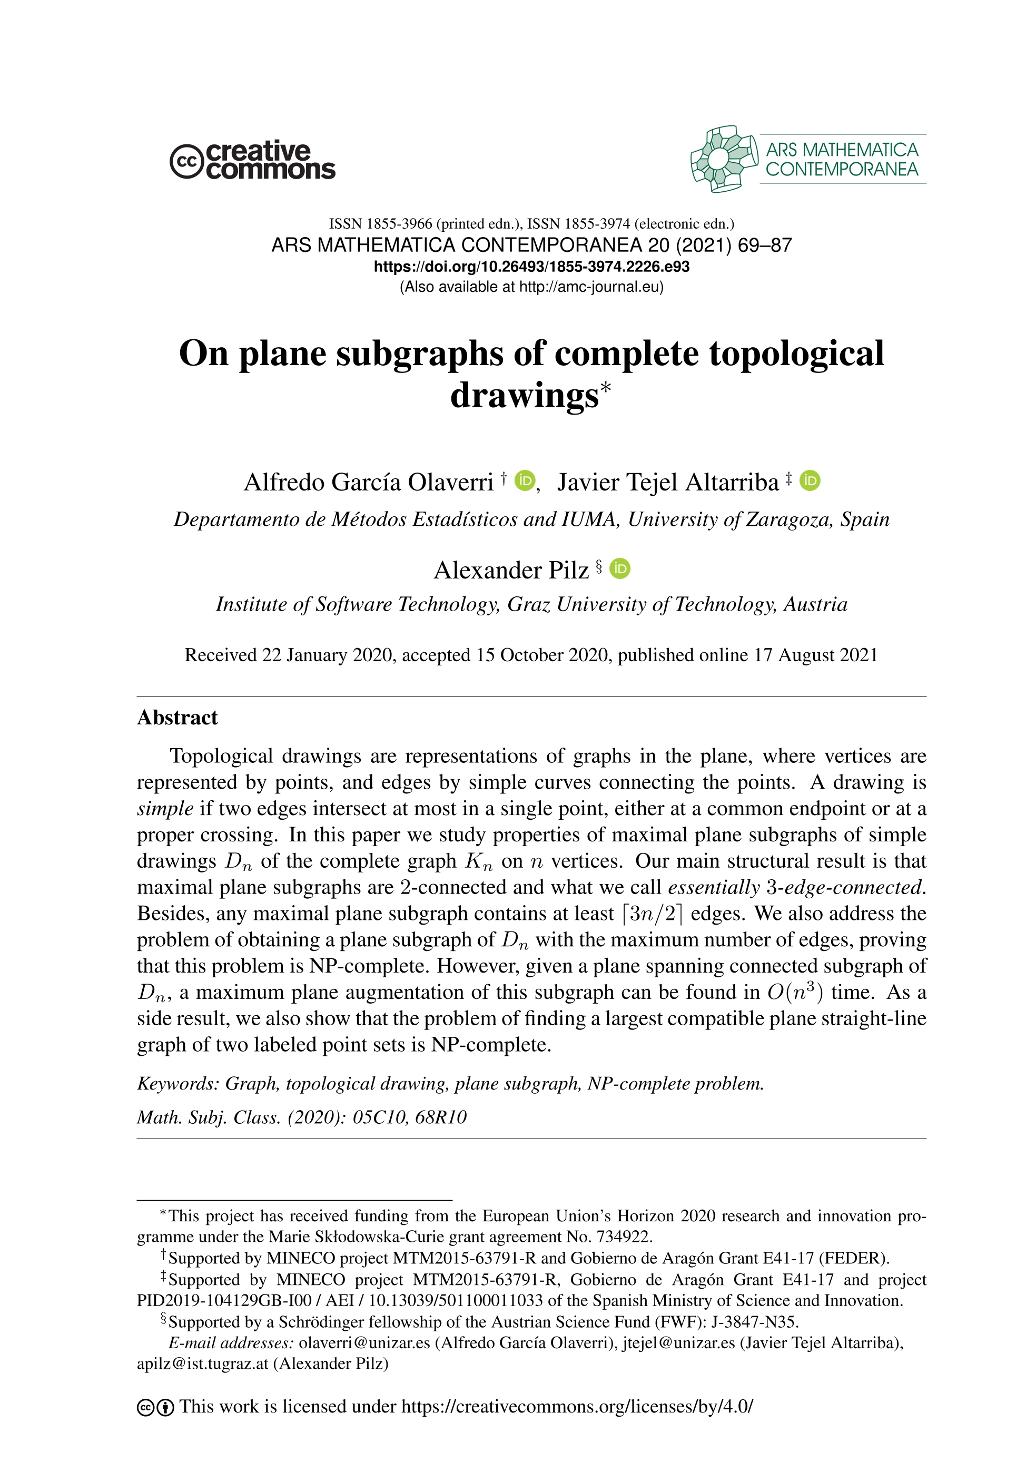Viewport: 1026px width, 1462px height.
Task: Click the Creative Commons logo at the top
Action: pos(252,160)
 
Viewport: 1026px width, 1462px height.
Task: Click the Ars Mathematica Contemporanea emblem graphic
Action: pos(724,159)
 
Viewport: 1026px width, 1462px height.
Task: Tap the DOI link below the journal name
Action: pos(531,266)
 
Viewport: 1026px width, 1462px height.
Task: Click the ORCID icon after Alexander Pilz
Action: pos(620,568)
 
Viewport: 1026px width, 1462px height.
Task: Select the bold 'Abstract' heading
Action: pos(177,718)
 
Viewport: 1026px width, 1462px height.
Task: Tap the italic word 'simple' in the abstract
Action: pos(165,808)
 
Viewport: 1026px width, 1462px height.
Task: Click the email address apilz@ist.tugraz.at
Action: pos(202,1363)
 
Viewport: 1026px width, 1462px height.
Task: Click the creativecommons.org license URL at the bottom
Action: pos(577,1406)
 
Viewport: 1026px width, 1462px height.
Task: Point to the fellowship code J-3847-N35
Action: pos(754,1321)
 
